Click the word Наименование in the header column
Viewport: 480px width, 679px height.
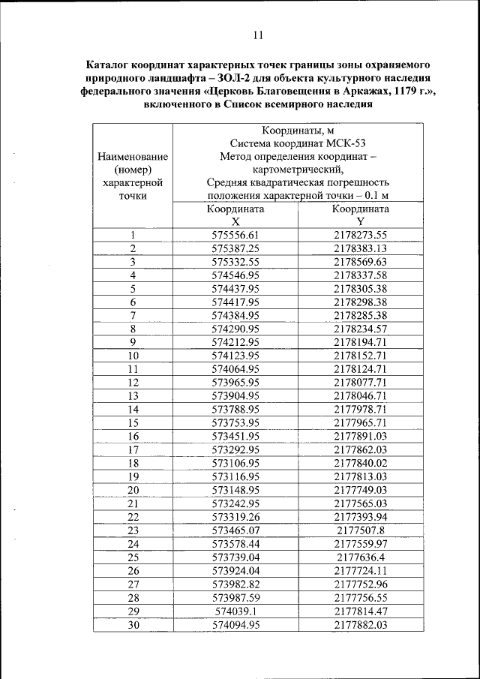tap(133, 156)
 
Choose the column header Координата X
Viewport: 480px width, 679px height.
tap(235, 216)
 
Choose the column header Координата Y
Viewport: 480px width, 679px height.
tap(360, 216)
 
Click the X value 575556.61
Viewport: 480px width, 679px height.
tap(235, 235)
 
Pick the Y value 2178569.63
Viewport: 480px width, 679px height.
tap(360, 262)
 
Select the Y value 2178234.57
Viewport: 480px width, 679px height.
tap(360, 329)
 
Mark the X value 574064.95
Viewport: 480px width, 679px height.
tap(235, 369)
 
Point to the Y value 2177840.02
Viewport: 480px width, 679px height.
tap(360, 463)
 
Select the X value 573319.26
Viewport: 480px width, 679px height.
tap(235, 516)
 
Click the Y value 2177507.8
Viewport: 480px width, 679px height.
tap(360, 530)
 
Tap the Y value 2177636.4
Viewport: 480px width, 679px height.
tap(360, 557)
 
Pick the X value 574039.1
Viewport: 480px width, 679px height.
tap(235, 611)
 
